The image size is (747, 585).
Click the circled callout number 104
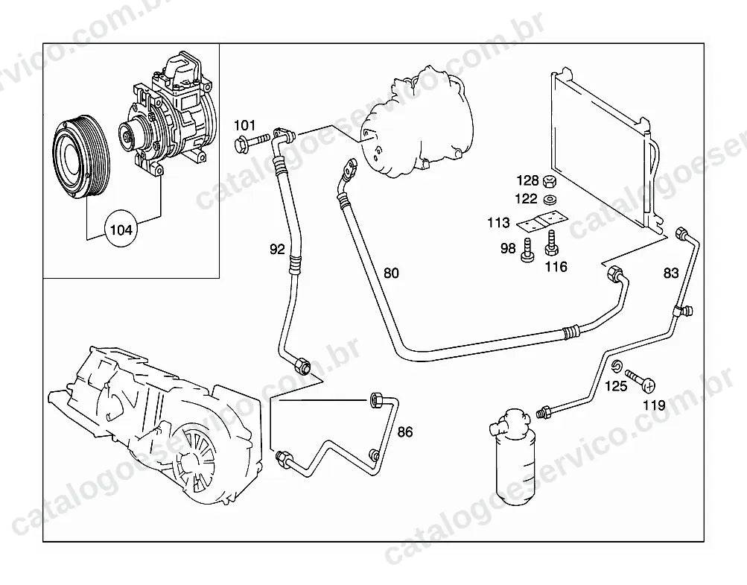point(121,230)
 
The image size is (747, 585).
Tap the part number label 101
point(244,126)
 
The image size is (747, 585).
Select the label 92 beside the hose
point(277,249)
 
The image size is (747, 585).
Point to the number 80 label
point(391,273)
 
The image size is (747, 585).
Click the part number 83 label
point(671,273)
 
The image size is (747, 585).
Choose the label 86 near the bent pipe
point(405,432)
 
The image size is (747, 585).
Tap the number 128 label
point(527,180)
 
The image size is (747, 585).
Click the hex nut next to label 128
point(550,181)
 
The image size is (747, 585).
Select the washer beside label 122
point(550,199)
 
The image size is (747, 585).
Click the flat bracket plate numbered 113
point(543,221)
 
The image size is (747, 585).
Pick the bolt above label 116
point(552,243)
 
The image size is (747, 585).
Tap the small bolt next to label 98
point(527,250)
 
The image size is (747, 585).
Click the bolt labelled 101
point(252,141)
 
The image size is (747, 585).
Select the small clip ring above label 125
point(616,366)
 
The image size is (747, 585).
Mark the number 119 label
point(654,405)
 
